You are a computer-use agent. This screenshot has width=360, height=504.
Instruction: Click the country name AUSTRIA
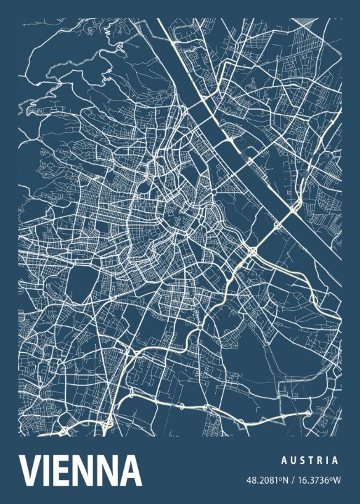pos(310,461)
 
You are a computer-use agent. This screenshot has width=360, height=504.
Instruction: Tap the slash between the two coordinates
pos(293,480)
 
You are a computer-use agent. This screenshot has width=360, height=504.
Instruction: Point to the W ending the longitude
pos(338,480)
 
